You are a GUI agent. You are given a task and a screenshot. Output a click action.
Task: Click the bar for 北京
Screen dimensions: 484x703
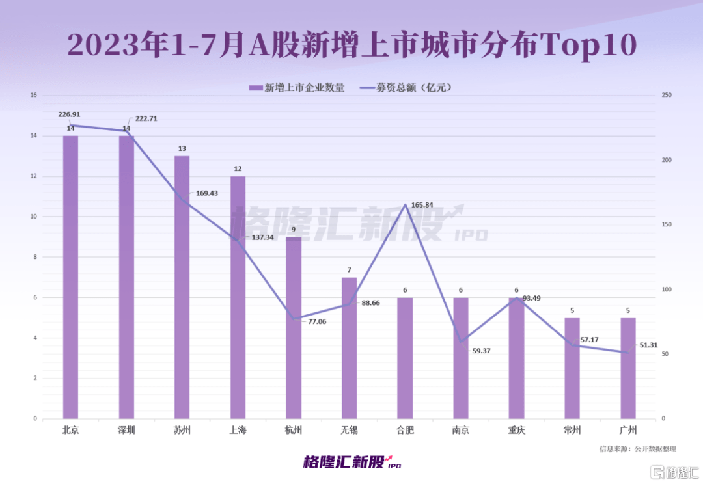pos(70,276)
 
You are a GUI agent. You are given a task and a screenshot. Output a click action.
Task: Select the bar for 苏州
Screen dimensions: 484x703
pos(182,287)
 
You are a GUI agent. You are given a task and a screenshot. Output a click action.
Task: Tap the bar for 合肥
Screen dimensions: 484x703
pos(405,358)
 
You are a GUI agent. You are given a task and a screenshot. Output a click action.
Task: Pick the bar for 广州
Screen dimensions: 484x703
pos(627,368)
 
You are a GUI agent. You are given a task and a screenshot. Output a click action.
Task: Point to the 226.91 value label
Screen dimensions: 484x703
pos(69,114)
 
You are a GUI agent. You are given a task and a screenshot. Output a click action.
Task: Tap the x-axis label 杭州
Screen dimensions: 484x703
pos(294,430)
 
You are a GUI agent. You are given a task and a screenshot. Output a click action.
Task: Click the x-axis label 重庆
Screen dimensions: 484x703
pos(517,430)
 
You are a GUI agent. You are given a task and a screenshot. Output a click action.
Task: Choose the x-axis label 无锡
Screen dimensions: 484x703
pos(350,430)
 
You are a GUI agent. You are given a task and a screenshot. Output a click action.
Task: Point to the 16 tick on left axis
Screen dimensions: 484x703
pos(33,96)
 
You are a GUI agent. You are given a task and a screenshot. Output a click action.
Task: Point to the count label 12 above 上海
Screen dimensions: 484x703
pos(238,170)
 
